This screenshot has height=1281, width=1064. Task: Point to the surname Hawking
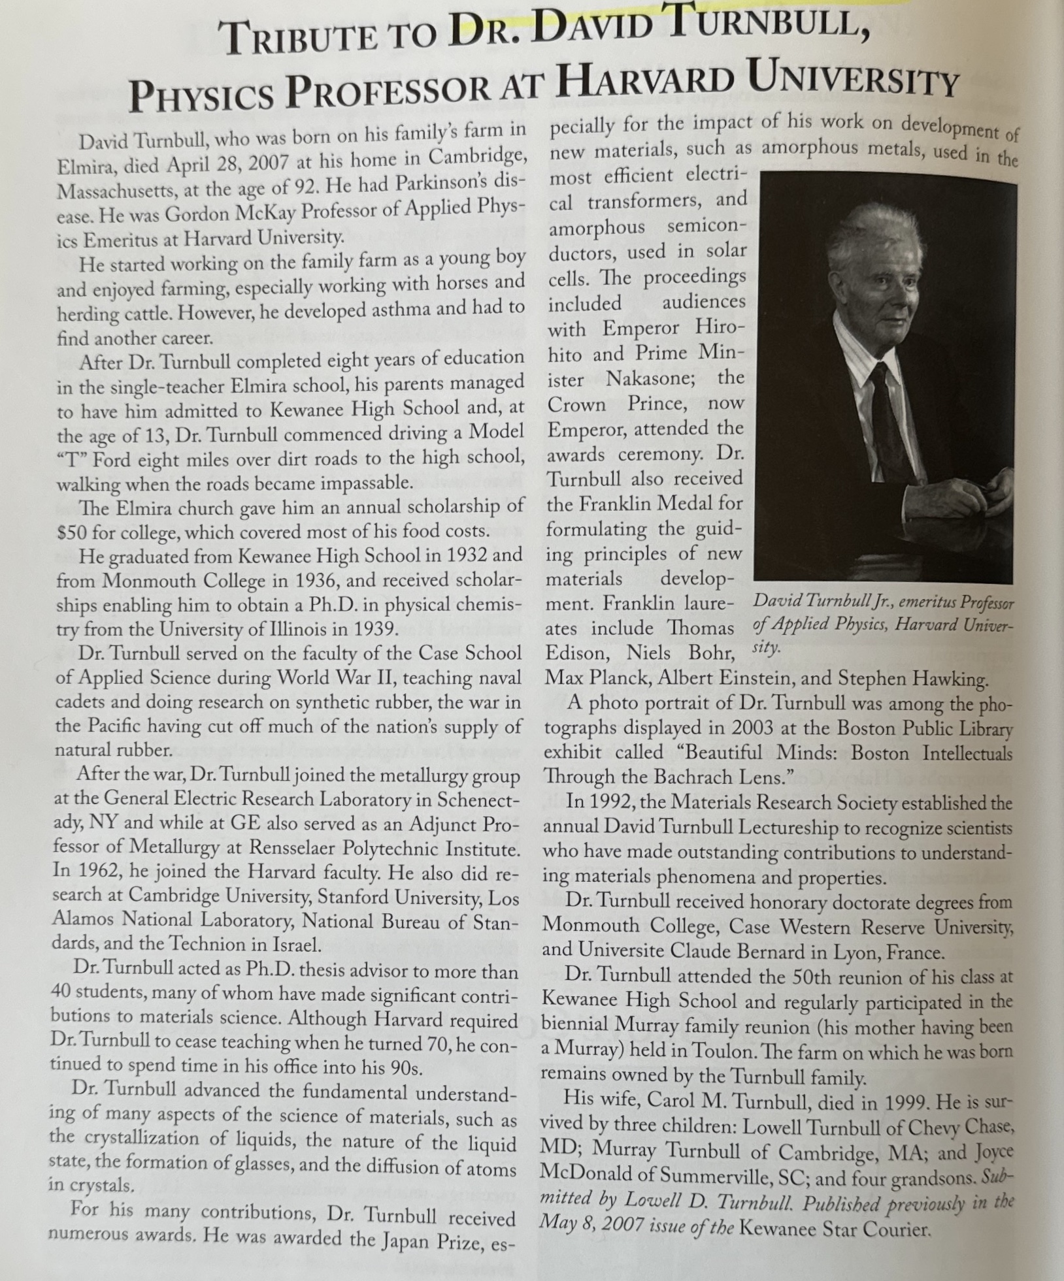[948, 679]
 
